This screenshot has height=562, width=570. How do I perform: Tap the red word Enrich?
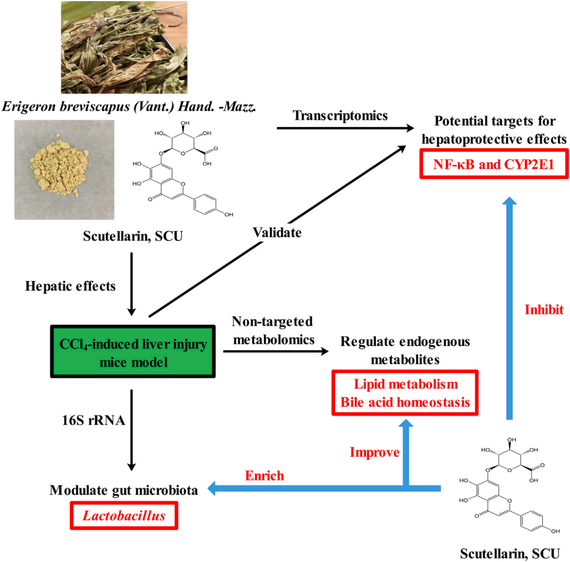(x=264, y=476)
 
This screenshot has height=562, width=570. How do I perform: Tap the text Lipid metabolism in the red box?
(x=404, y=384)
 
